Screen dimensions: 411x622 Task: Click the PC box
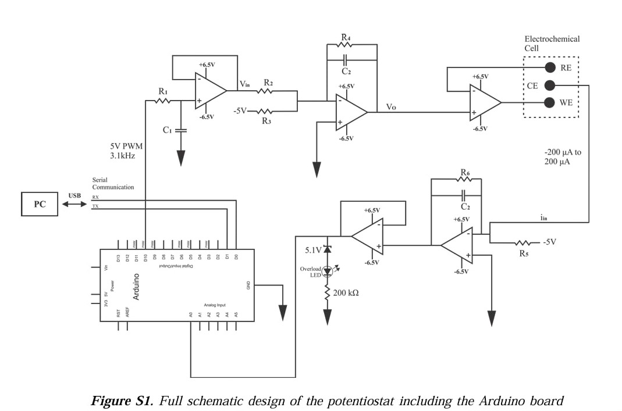(39, 205)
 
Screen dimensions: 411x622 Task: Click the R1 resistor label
(163, 92)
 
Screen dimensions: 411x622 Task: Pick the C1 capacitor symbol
(181, 130)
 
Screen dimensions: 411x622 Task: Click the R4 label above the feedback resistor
(346, 38)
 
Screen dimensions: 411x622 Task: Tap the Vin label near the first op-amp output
(245, 85)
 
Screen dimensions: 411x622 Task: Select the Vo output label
(391, 107)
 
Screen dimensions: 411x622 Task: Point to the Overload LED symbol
(328, 270)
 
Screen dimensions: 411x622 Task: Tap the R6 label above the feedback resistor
(465, 173)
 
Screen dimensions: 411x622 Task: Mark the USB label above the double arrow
(74, 196)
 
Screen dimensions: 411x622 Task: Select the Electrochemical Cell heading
(552, 43)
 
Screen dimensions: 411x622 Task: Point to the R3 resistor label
(266, 121)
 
